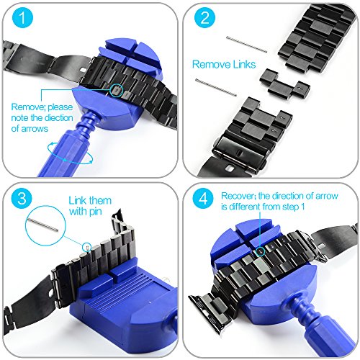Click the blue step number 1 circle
click(22, 17)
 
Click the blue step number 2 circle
click(204, 17)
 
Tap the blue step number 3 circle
click(22, 199)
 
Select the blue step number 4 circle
click(203, 199)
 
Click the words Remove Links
click(224, 64)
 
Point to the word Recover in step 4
click(237, 196)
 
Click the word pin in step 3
click(96, 212)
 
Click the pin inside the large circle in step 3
click(42, 225)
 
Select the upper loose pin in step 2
click(247, 44)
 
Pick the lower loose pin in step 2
click(216, 87)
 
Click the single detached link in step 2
click(284, 84)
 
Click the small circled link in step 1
click(117, 91)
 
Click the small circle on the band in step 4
click(260, 251)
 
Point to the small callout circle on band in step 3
click(87, 247)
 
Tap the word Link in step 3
click(77, 200)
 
